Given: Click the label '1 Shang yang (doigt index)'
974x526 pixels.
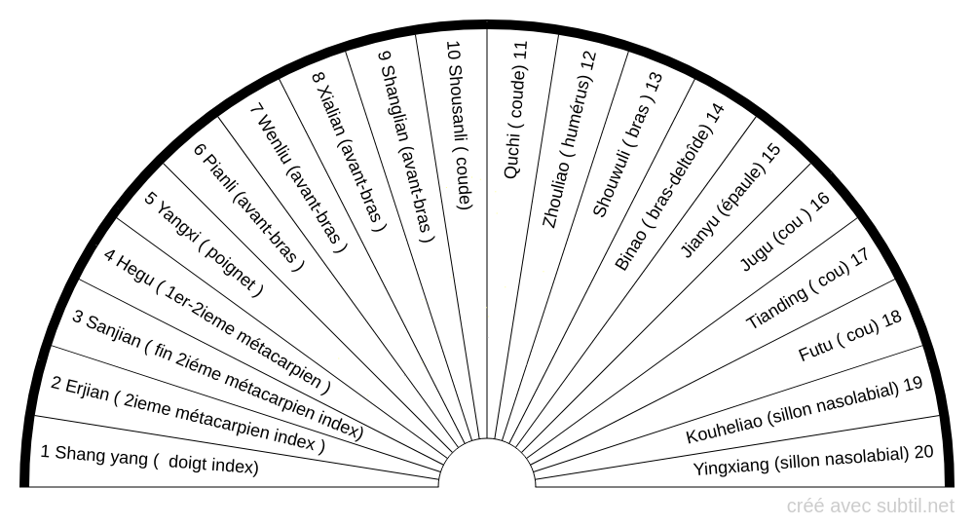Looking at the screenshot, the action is (x=150, y=460).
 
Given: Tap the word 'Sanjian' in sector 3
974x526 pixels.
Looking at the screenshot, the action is (x=114, y=330).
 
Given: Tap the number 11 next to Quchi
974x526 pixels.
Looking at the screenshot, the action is (x=520, y=51).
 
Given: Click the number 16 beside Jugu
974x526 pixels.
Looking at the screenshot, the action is (x=820, y=202).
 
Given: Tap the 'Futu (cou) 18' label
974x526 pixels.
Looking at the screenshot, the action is (x=849, y=336).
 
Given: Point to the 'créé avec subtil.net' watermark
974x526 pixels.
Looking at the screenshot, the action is (x=870, y=506).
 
